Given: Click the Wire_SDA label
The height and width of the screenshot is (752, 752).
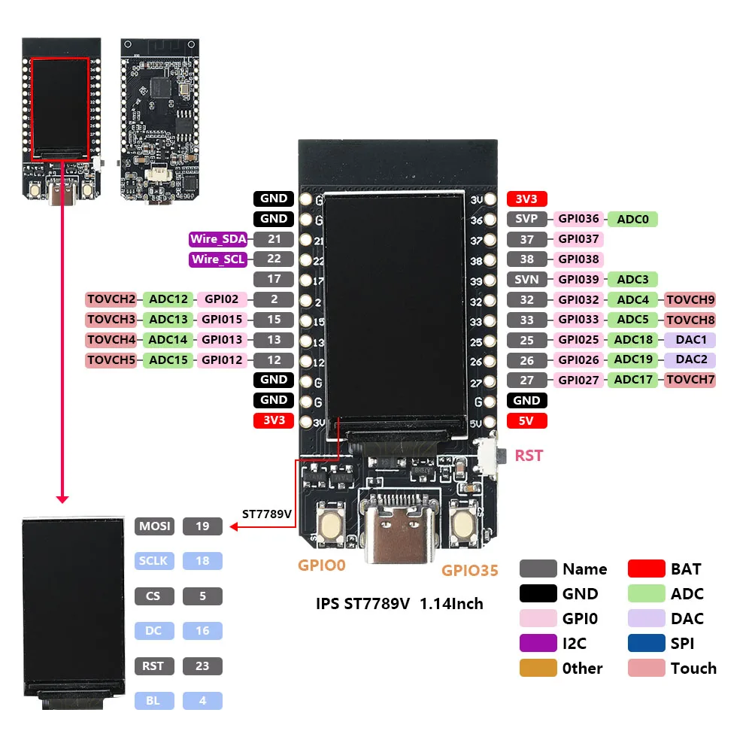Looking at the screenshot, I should point(217,240).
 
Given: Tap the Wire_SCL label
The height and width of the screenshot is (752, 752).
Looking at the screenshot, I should point(217,260).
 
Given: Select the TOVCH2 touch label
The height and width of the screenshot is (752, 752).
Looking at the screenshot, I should point(111,299).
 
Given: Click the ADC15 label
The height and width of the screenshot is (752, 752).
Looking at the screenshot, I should point(168,360).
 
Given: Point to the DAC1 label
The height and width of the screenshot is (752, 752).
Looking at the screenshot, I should point(690,340).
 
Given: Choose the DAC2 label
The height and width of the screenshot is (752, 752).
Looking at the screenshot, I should point(690,359).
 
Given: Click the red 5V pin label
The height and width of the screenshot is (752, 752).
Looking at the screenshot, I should point(526,420).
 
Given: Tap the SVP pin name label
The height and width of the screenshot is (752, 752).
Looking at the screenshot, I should point(527,220).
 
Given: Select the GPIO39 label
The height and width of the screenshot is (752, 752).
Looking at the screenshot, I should point(579,280).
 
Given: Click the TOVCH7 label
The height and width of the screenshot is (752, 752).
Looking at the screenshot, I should point(690,380).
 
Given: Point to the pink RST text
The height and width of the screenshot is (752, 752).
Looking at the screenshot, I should point(529,456).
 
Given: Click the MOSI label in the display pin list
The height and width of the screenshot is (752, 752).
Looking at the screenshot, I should point(154,526).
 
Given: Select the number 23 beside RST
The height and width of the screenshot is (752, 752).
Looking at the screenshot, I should point(202,666).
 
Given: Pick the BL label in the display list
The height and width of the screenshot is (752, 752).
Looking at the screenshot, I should point(154,701).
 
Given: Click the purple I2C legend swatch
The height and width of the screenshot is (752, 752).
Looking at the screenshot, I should point(538,644).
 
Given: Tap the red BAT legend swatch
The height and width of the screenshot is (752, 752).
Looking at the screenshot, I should point(646,569).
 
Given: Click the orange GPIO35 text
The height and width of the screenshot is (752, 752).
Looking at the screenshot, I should point(470,571).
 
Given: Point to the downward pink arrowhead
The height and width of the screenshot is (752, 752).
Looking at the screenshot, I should point(62,499).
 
